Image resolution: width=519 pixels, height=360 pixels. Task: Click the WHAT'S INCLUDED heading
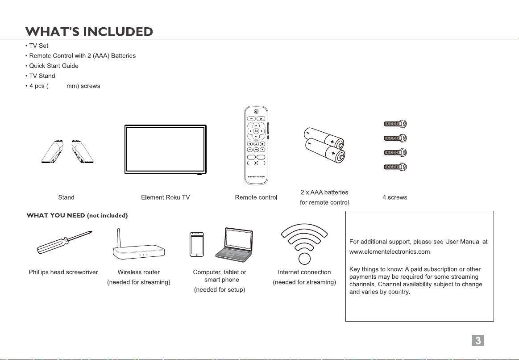89,32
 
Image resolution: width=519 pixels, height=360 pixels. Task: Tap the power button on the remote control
256,111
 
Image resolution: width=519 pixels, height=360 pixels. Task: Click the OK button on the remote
256,131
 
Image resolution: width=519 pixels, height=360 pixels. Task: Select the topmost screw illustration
395,124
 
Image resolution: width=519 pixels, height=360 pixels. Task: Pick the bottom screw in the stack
395,167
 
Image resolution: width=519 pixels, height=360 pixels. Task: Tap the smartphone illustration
197,244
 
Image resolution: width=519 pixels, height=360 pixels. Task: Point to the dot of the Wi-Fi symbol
304,260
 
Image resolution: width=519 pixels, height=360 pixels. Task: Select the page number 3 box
478,341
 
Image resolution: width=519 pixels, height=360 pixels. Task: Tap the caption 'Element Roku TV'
165,197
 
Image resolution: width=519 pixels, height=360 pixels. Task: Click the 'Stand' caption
66,197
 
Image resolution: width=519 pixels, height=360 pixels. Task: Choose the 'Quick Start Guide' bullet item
54,66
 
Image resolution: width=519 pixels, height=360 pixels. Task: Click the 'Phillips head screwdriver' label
63,272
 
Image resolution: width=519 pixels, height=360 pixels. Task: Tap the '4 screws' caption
394,197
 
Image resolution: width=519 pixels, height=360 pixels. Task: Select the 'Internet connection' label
304,272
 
